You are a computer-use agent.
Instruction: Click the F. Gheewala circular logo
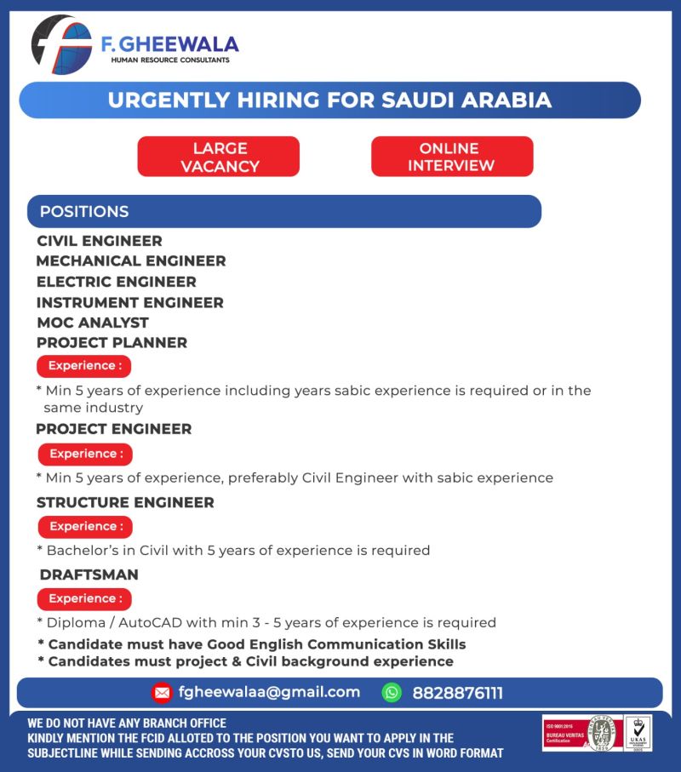[x=60, y=45]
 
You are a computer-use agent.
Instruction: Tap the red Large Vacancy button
[x=219, y=157]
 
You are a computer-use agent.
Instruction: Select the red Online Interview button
[x=452, y=157]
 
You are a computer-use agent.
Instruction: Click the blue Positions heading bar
[x=284, y=211]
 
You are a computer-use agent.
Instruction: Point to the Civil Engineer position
[x=99, y=241]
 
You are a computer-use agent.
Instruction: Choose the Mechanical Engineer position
[x=131, y=261]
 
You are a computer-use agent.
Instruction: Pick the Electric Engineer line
[x=117, y=282]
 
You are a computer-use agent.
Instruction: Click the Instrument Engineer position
[x=130, y=302]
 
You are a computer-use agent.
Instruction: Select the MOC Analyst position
[x=93, y=323]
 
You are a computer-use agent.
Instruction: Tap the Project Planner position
[x=112, y=343]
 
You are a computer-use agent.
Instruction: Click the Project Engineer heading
[x=114, y=429]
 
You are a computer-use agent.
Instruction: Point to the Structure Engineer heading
[x=125, y=502]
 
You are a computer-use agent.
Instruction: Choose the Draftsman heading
[x=89, y=575]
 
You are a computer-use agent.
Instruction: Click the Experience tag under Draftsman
[x=84, y=599]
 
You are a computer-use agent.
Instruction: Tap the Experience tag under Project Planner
[x=83, y=366]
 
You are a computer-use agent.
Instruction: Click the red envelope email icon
[x=162, y=693]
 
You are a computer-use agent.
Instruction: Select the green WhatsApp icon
[x=392, y=693]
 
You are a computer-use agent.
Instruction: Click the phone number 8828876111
[x=457, y=693]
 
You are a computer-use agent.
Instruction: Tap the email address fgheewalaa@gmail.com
[x=269, y=693]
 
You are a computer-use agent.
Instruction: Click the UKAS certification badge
[x=638, y=733]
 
